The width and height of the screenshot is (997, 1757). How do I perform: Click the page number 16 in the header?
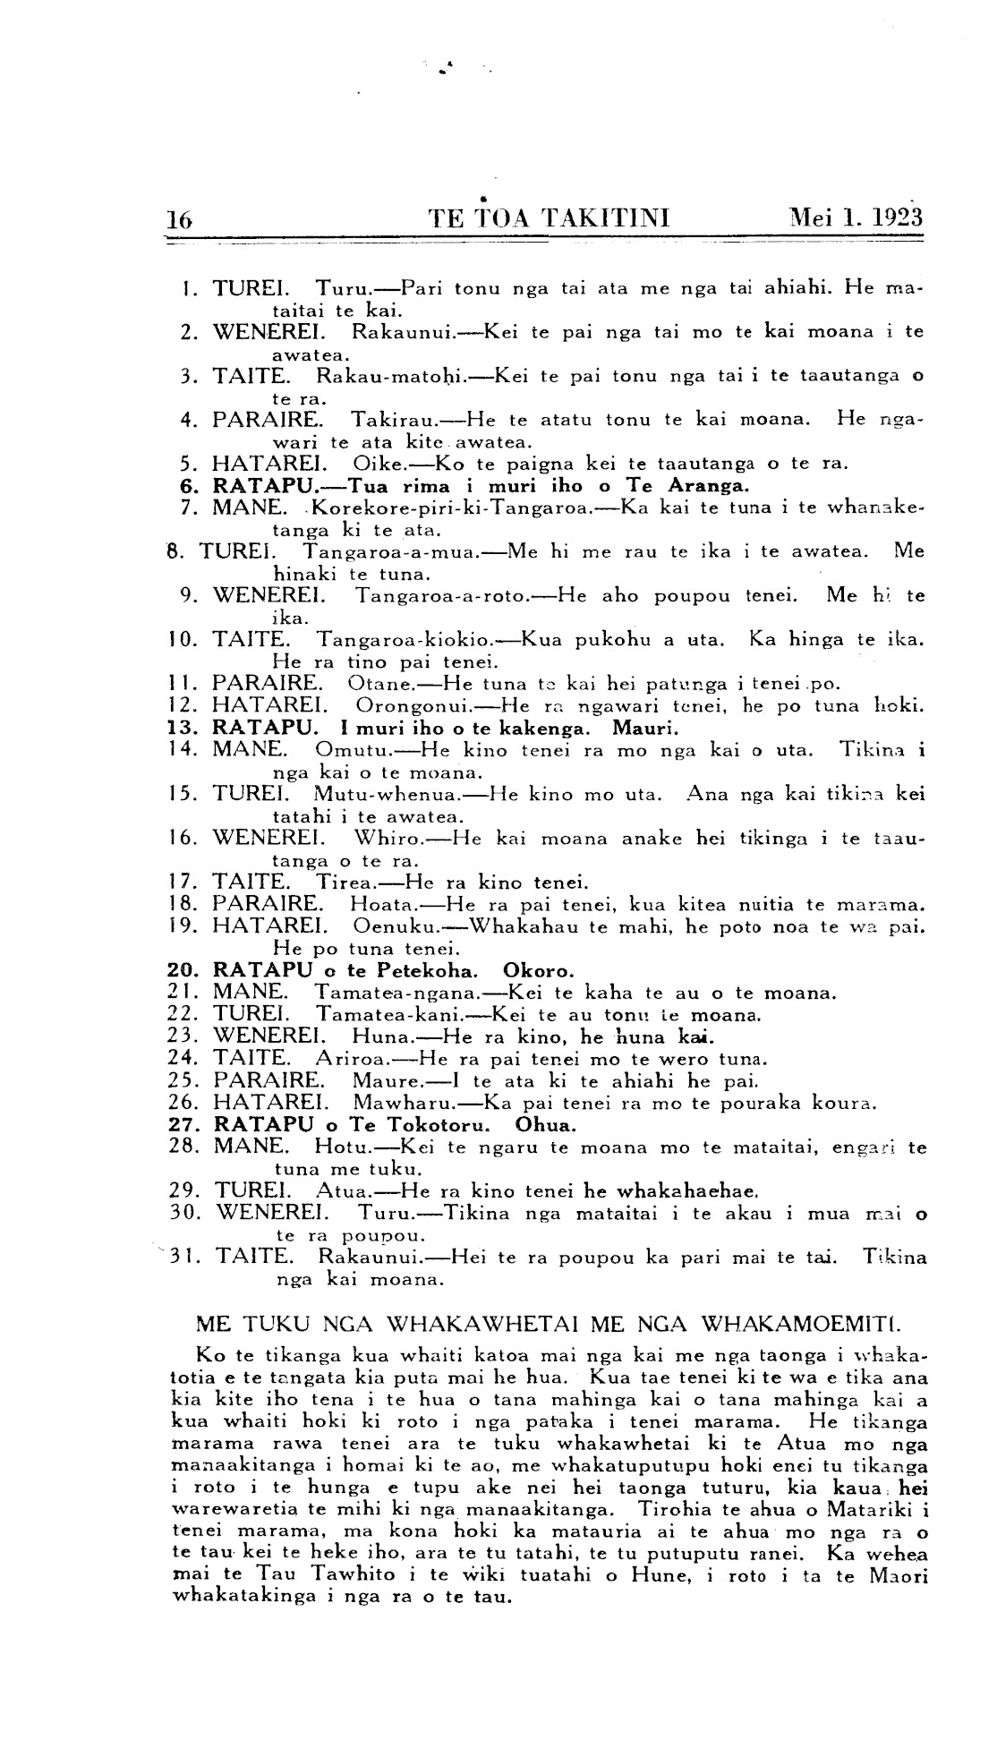(180, 218)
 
